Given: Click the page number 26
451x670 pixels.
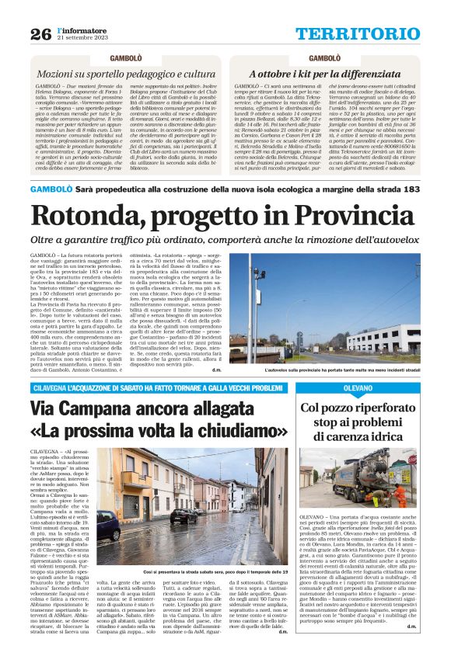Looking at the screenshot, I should [40, 34].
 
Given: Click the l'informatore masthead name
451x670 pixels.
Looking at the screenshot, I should [82, 30].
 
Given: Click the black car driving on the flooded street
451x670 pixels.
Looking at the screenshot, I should [184, 515].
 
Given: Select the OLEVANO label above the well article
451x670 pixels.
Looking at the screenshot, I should [358, 387].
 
